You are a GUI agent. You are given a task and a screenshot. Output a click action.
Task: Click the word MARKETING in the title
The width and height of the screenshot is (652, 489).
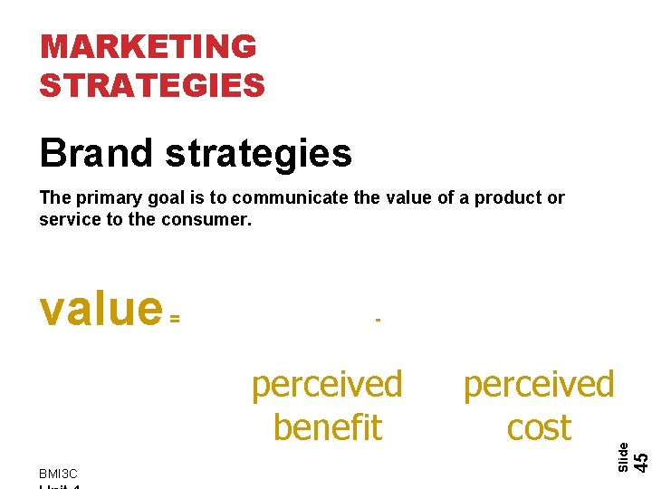pyautogui.click(x=149, y=46)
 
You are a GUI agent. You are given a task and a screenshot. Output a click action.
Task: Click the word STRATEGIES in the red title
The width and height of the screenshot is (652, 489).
pyautogui.click(x=152, y=85)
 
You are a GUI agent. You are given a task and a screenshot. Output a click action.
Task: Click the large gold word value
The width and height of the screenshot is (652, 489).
pyautogui.click(x=101, y=308)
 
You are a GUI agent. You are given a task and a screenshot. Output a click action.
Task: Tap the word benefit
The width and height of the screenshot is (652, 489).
pyautogui.click(x=327, y=427)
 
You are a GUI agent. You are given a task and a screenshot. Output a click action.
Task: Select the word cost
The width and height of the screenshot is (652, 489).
pyautogui.click(x=539, y=427)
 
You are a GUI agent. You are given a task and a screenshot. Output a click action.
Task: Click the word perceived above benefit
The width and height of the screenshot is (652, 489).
pyautogui.click(x=327, y=385)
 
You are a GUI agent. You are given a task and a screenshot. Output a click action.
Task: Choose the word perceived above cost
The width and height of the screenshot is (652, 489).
pyautogui.click(x=539, y=385)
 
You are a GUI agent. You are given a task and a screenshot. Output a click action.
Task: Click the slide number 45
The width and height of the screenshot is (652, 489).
pyautogui.click(x=640, y=460)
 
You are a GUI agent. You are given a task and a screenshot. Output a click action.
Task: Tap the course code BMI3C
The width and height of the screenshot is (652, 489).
pyautogui.click(x=59, y=474)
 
